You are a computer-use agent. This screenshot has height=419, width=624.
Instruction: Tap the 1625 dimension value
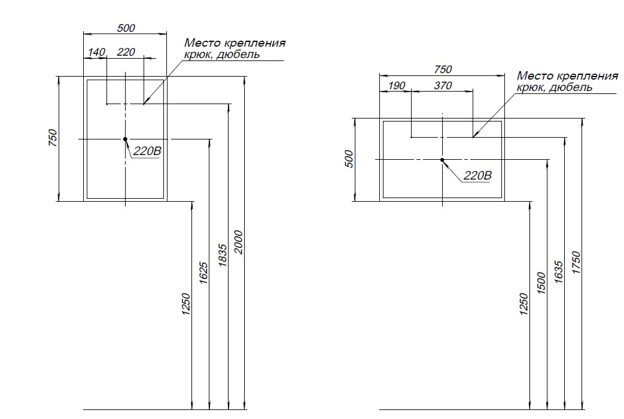coord(203,273)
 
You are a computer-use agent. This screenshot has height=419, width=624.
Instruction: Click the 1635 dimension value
coord(559,272)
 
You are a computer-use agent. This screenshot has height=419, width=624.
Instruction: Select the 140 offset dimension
coord(96,53)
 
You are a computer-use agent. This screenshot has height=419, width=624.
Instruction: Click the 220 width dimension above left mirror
coord(126,53)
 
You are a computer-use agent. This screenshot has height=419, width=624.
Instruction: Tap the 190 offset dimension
coord(397,86)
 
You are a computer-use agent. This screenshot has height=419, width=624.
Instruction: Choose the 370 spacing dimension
coord(443,86)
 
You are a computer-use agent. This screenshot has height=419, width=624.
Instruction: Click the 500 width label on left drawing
coord(126,28)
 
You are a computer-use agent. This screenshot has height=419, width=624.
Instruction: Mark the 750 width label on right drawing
coord(443,70)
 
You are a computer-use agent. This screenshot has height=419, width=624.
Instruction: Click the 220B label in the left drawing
coord(147,152)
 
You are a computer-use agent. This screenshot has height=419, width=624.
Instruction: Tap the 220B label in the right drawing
coord(477,176)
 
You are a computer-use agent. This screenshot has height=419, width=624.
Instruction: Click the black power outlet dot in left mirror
coord(126,139)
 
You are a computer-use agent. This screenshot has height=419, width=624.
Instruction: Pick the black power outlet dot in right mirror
coord(442,160)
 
